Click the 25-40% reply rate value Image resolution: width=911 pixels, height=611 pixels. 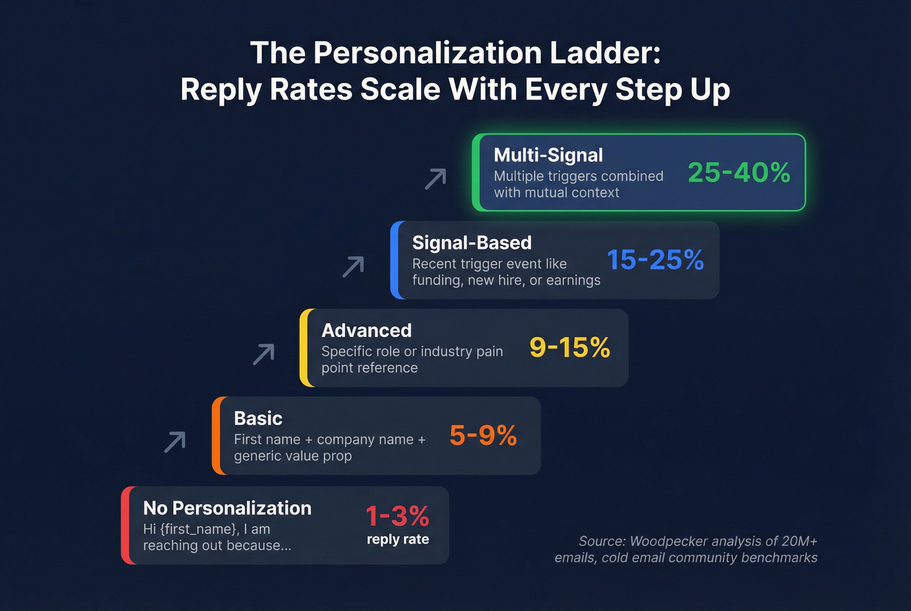click(x=739, y=172)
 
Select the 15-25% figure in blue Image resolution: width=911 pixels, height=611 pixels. click(x=655, y=260)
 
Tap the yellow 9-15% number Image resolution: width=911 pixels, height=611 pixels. click(x=569, y=347)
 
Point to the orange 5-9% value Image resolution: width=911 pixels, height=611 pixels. click(x=483, y=435)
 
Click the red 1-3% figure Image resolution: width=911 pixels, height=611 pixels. click(x=397, y=516)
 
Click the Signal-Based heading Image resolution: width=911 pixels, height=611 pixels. click(x=472, y=243)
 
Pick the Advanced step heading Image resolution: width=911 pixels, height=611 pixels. click(x=366, y=331)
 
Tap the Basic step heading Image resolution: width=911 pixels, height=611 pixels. click(x=258, y=418)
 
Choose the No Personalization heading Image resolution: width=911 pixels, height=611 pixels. click(x=227, y=508)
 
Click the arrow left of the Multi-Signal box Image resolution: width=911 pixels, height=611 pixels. click(x=435, y=179)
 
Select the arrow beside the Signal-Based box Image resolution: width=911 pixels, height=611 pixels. click(x=353, y=267)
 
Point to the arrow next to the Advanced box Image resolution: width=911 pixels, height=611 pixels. click(x=264, y=354)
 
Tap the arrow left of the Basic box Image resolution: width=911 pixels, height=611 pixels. click(x=174, y=442)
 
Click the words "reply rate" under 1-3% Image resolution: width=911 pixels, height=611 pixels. click(x=398, y=539)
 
